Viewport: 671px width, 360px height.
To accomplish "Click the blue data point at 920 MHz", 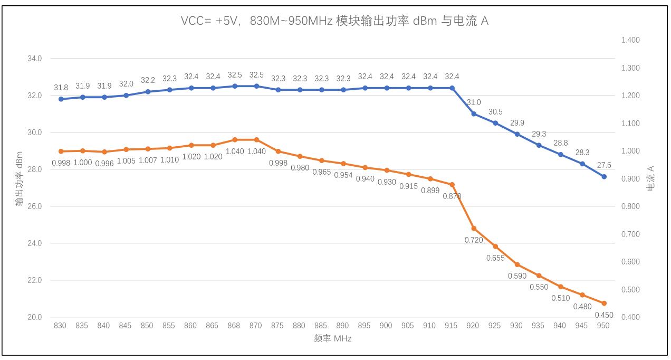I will point(474,113).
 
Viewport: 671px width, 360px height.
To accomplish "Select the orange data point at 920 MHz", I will point(474,229).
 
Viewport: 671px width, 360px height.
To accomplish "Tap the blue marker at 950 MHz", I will point(604,176).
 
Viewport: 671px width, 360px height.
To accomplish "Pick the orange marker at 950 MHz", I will point(604,303).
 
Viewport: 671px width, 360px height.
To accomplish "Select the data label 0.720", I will point(474,240).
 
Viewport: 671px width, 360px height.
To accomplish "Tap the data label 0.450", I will point(603,315).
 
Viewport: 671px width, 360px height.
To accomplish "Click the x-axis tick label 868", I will point(234,326).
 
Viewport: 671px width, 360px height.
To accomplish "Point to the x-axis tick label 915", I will point(452,326).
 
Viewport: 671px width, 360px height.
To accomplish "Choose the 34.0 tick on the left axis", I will point(34,59).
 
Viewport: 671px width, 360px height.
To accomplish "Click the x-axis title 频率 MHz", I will point(332,339).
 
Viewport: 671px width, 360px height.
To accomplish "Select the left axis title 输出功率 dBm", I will point(19,179).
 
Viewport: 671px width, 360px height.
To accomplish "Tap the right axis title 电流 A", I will point(650,178).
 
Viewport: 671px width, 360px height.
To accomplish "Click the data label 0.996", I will point(104,163).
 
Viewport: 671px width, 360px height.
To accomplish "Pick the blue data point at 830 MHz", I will point(61,99).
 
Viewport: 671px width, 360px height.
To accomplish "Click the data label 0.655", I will point(495,258).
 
